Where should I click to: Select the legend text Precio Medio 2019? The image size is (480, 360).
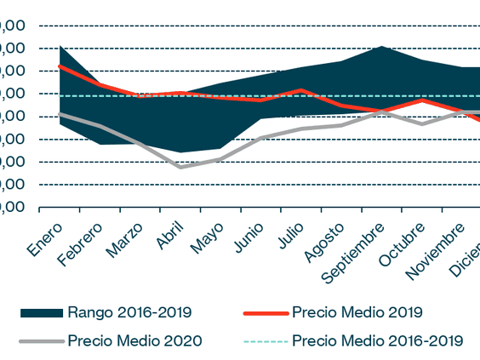pos(357,312)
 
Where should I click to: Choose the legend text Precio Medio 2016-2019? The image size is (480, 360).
pos(377,340)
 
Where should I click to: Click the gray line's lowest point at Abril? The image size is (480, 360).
pos(180,167)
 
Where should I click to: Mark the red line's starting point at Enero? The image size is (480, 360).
pos(60,66)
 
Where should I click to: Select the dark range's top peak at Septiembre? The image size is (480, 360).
pos(381,46)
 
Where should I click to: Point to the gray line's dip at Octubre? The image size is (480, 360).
pos(421,124)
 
